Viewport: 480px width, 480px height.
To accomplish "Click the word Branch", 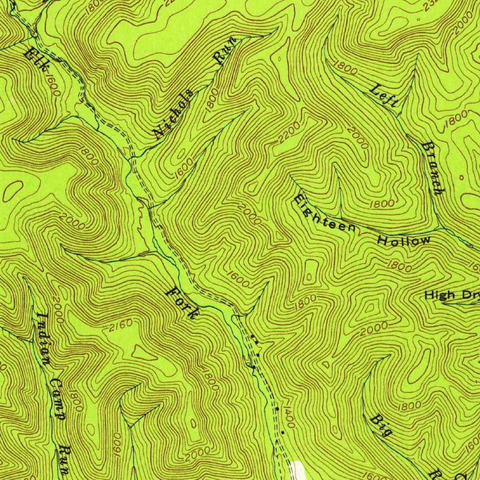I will point(433,168).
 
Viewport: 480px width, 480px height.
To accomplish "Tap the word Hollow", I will point(404,241).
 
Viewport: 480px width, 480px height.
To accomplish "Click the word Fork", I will point(182,303).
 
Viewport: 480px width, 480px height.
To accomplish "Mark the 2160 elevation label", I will point(120,327).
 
